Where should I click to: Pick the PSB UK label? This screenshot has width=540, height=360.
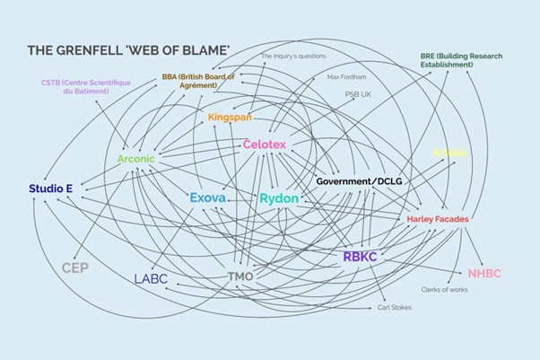(x=360, y=93)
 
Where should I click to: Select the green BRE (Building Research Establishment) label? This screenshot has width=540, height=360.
(x=460, y=60)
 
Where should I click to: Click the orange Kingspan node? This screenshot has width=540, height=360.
(x=230, y=118)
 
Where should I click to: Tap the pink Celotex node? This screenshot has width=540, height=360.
(x=265, y=145)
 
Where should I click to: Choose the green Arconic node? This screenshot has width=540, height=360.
(x=135, y=159)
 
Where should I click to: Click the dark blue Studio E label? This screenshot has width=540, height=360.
(x=50, y=189)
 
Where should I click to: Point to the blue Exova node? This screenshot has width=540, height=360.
(x=207, y=198)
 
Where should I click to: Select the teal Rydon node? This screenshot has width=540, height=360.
(x=279, y=198)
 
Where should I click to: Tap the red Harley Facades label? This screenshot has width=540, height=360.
(x=437, y=219)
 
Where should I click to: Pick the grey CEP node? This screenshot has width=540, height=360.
(x=74, y=268)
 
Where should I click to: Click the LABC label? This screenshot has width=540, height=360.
(x=151, y=278)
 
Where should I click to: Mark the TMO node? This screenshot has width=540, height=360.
(x=240, y=276)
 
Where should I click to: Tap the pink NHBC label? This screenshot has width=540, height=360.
(x=484, y=273)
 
